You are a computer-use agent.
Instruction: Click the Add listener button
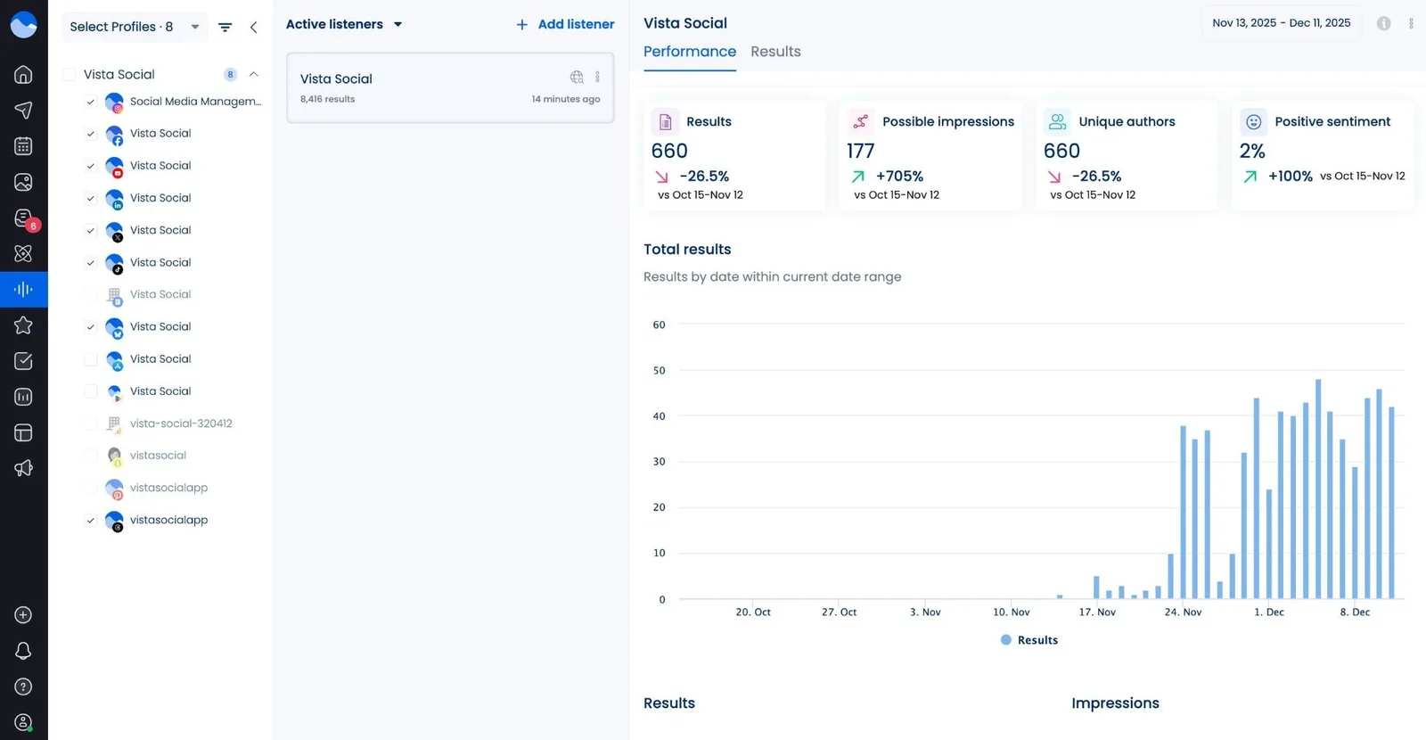point(565,25)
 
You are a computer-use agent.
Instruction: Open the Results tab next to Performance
point(775,52)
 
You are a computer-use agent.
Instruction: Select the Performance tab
point(690,52)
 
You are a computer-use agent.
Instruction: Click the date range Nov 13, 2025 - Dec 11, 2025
point(1281,23)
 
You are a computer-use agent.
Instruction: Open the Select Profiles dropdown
point(134,27)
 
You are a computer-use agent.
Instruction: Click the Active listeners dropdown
point(344,25)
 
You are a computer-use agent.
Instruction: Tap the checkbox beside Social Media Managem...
point(90,102)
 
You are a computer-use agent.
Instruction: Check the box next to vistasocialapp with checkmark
point(90,521)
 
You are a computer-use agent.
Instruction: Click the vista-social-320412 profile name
point(181,423)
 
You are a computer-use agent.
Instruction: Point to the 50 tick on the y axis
point(659,371)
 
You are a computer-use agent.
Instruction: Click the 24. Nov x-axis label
point(1183,613)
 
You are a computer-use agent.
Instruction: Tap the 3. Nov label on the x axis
point(925,613)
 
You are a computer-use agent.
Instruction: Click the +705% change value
point(899,177)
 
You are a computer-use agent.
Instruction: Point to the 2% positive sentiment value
point(1252,152)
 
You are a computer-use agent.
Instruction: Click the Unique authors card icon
point(1058,121)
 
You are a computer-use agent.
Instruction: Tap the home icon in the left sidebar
point(23,75)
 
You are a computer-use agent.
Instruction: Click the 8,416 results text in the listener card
point(327,99)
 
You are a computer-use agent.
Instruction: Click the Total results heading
point(687,250)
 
